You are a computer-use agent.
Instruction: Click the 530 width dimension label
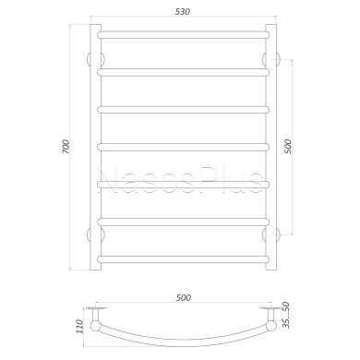coord(183,12)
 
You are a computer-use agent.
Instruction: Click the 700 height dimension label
coord(66,147)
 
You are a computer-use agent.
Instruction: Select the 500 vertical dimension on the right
coord(287,147)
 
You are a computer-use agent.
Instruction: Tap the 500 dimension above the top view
coord(184,297)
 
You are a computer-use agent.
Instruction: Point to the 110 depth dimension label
coord(79,327)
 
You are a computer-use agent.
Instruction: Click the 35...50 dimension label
coord(286,315)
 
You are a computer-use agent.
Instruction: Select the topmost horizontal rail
coord(184,34)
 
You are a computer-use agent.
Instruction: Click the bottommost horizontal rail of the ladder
coord(184,259)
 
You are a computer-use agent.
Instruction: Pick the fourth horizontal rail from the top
coord(184,147)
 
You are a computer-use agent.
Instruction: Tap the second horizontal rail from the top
coord(184,72)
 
